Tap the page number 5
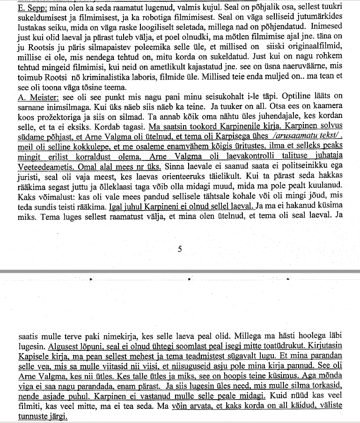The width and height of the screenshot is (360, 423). (180, 249)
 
